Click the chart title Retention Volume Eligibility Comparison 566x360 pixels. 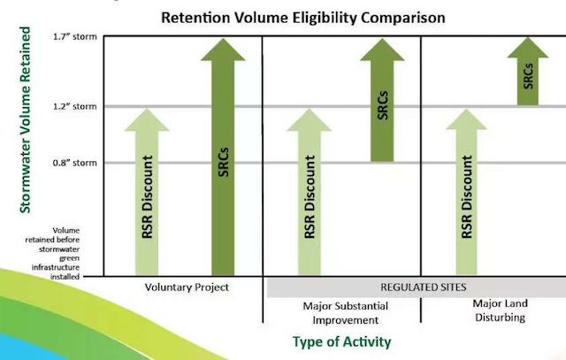(x=302, y=18)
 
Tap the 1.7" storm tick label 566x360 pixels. (x=75, y=37)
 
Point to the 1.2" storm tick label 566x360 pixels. (x=75, y=106)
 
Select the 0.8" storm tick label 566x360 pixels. (x=75, y=163)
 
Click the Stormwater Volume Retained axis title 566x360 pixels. (x=26, y=120)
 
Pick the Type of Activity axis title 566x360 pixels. (x=342, y=341)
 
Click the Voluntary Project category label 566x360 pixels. (x=187, y=287)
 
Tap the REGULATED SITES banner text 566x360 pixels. (x=424, y=287)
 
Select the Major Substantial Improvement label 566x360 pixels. (x=346, y=313)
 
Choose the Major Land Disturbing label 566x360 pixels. (x=500, y=310)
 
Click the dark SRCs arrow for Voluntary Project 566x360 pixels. (x=223, y=157)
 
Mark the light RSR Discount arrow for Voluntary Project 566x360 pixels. (x=147, y=192)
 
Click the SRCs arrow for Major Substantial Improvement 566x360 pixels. (x=382, y=100)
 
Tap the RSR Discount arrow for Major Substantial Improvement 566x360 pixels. (x=309, y=192)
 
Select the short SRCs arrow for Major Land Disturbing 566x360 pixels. (x=528, y=71)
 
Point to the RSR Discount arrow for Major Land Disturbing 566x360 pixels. (x=466, y=192)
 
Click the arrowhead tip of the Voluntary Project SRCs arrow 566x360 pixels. (x=223, y=39)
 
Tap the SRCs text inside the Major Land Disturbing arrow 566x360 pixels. (x=528, y=76)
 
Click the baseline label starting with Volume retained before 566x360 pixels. (x=53, y=254)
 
